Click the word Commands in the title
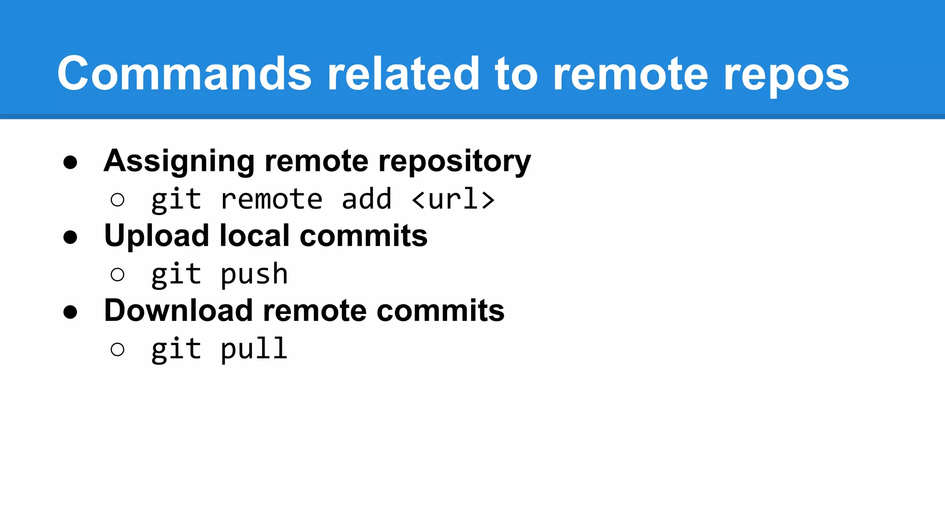[x=184, y=74]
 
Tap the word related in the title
[x=403, y=74]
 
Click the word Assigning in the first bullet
[x=179, y=162]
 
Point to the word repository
[x=455, y=162]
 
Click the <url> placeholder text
[x=453, y=199]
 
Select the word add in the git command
[x=366, y=199]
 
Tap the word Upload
[x=156, y=236]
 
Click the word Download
[x=178, y=310]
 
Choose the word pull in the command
[x=254, y=349]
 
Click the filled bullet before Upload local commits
[x=70, y=237]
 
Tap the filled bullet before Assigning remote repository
[x=70, y=163]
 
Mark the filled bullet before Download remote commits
[x=70, y=312]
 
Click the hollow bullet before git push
[x=118, y=275]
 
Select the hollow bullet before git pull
[x=118, y=350]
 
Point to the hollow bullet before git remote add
[x=118, y=200]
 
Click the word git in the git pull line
[x=176, y=350]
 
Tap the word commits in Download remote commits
[x=440, y=310]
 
